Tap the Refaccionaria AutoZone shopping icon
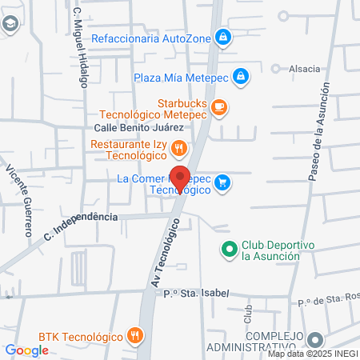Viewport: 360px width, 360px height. coord(226,37)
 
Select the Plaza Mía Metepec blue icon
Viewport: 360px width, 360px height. coord(242,77)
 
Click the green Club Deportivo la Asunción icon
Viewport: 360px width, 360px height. coord(230,250)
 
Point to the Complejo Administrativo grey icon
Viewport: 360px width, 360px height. coord(317,340)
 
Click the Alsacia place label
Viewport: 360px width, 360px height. coord(305,70)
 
